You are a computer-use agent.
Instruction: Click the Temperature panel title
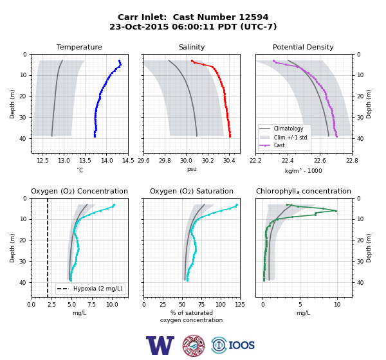click(79, 47)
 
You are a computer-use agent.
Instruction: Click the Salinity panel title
click(192, 47)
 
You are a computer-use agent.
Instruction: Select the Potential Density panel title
click(303, 47)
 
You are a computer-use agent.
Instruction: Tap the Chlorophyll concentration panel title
click(304, 191)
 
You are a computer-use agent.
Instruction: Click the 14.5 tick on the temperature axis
click(128, 161)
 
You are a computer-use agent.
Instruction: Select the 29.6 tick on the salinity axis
click(143, 161)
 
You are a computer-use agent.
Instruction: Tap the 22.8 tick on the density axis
click(352, 161)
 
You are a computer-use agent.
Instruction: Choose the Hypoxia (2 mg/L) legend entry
click(90, 289)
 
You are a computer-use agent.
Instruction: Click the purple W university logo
click(160, 345)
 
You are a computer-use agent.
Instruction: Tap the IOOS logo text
click(241, 345)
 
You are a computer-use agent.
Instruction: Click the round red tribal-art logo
click(194, 345)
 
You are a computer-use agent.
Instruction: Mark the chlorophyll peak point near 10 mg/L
click(336, 211)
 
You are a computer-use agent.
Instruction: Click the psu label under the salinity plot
click(192, 169)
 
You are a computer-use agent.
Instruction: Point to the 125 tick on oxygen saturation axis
click(240, 305)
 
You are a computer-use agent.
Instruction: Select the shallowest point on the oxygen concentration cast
click(114, 204)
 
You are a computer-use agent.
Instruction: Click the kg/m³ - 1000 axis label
click(303, 170)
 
